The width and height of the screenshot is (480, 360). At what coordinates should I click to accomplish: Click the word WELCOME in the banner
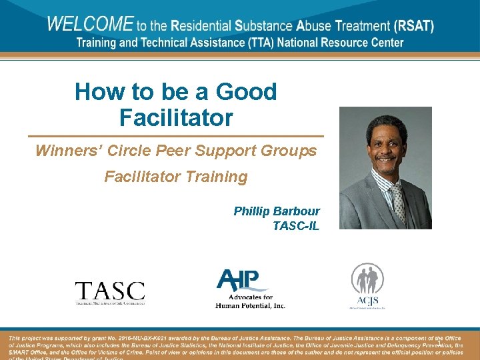coord(90,25)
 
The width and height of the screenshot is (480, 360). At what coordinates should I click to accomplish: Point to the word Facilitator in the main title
coord(176,118)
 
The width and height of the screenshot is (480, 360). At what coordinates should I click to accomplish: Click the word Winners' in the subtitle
coord(67,151)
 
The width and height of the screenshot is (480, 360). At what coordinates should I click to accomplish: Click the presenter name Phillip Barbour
coord(276,211)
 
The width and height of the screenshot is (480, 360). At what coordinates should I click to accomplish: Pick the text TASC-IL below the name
coord(295,226)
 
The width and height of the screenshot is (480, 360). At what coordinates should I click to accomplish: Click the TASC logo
coord(109,292)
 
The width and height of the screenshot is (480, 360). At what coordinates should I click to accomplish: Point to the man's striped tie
coord(397,200)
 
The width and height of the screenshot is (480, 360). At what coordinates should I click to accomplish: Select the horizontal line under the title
coord(175,137)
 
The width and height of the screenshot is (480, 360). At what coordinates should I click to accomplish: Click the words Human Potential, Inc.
coord(250,305)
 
